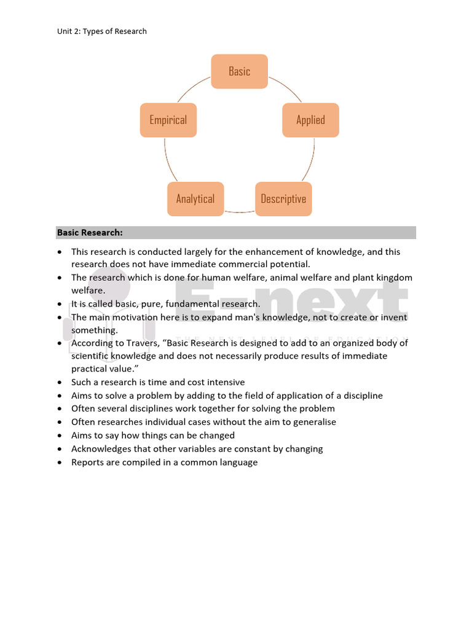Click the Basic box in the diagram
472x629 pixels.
[239, 71]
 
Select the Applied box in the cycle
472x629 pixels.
[310, 120]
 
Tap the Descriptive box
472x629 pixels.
[283, 198]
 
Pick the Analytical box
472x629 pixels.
[195, 198]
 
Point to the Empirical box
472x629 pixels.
[168, 120]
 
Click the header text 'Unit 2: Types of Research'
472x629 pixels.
[102, 31]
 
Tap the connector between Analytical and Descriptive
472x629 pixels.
[239, 212]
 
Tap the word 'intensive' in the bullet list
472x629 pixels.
[224, 382]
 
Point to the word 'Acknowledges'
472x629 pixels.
[102, 448]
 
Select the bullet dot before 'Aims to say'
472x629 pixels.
[59, 436]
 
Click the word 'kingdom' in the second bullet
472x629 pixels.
[391, 278]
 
